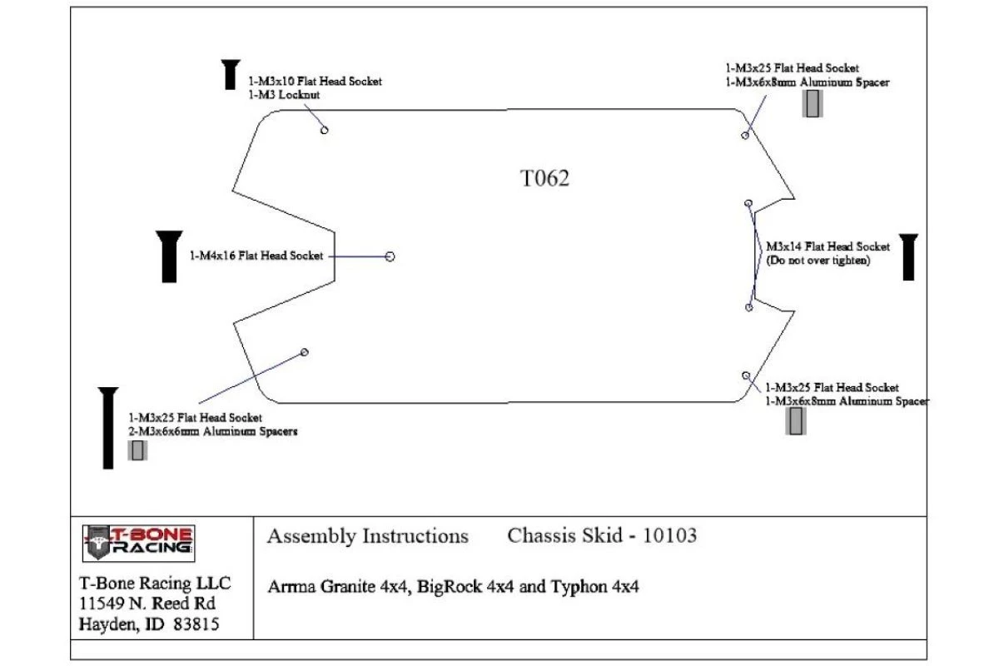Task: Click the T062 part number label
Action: [545, 178]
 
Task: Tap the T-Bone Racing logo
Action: [138, 543]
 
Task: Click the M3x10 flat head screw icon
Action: [231, 75]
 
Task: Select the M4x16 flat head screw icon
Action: [169, 256]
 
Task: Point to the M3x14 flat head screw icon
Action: [908, 257]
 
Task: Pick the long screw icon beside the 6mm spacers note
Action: [108, 428]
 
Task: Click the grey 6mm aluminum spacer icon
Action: [137, 450]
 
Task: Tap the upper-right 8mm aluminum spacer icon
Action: [813, 103]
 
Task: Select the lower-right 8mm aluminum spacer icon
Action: [796, 421]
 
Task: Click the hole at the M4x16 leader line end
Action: [390, 256]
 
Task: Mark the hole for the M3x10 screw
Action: [325, 129]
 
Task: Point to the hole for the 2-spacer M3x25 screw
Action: [305, 352]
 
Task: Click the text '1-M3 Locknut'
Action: [284, 95]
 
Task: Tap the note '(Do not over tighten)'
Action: [818, 261]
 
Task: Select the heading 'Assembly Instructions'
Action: [367, 536]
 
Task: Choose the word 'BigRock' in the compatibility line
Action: [450, 586]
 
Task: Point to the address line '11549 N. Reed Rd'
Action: [147, 604]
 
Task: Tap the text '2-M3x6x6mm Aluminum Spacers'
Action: [212, 432]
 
